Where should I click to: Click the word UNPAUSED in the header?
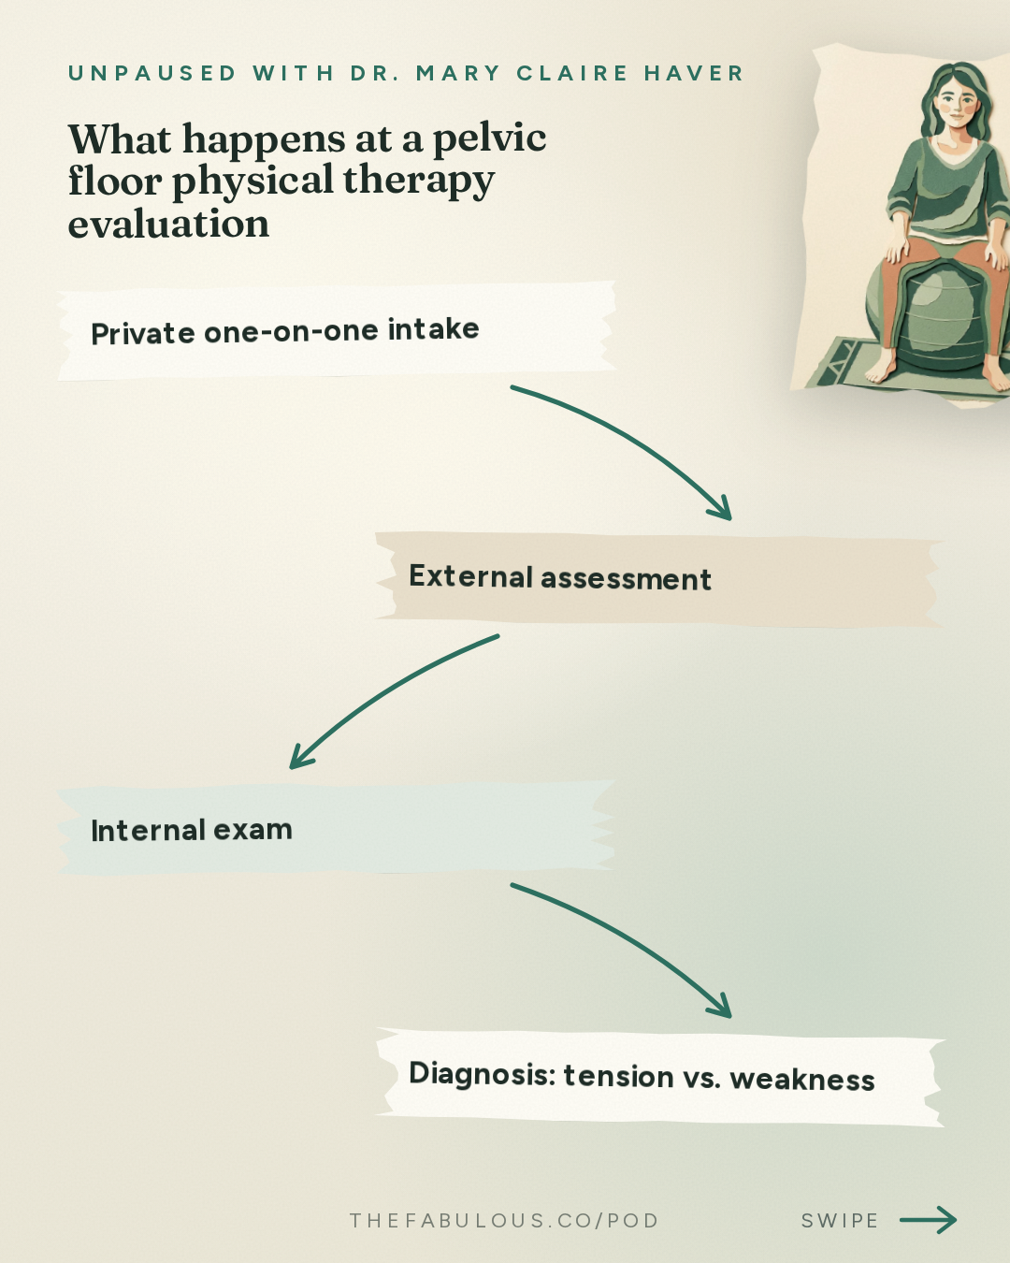coord(152,73)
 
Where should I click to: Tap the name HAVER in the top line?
coord(694,73)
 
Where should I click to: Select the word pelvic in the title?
coord(489,139)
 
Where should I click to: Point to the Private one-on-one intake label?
coord(285,331)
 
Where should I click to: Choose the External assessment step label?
coord(560,577)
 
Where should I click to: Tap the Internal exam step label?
coord(192,830)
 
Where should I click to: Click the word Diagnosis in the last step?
coord(483,1074)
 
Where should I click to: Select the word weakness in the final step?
coord(802,1080)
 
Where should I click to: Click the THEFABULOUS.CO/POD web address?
coord(504,1221)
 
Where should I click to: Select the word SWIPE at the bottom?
coord(840,1221)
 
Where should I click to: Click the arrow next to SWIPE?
coord(929,1220)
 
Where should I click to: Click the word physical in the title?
coord(253,181)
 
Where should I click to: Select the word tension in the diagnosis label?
coord(618,1077)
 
